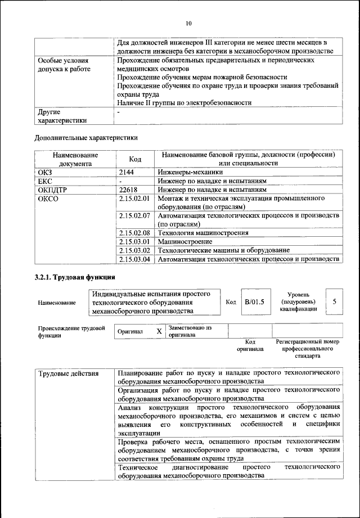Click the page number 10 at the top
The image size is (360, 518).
tap(188, 23)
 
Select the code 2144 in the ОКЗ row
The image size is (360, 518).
tap(128, 172)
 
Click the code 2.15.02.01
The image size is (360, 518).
tap(136, 199)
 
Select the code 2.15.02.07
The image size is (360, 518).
tap(136, 215)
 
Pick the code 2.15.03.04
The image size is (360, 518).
tap(136, 259)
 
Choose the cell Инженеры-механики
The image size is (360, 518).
tap(190, 172)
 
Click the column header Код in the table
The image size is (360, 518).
tap(135, 159)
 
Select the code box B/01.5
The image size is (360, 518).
tap(254, 302)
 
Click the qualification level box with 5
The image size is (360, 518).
tap(335, 302)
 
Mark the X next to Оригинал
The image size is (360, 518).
tap(159, 331)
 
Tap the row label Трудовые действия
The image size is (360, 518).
tap(69, 373)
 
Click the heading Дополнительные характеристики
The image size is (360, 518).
tap(86, 137)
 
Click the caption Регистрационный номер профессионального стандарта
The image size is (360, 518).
tap(307, 349)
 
